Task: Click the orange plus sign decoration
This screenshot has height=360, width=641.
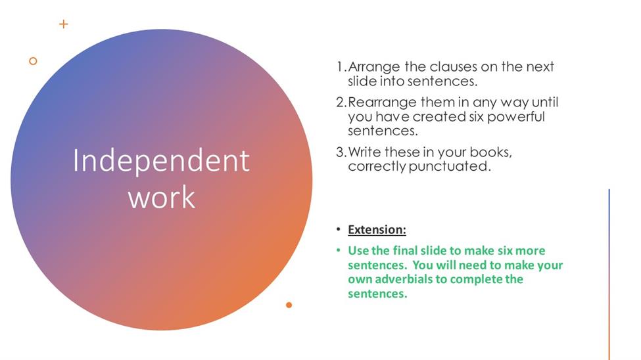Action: [63, 24]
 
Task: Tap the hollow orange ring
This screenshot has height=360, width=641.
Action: [33, 61]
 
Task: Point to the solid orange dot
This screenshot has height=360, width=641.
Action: [289, 305]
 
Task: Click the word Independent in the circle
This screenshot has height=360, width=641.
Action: [161, 160]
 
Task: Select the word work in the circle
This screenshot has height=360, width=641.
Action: [162, 197]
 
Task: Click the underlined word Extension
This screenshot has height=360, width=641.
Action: [377, 230]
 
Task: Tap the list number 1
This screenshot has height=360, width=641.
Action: [341, 66]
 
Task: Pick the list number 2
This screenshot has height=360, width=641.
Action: [341, 102]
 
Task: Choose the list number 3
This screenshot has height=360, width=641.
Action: [341, 152]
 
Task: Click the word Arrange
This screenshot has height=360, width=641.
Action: [373, 68]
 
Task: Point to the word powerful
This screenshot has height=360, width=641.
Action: [516, 118]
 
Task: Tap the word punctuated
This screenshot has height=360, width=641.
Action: [449, 166]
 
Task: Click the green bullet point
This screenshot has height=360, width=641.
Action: [338, 250]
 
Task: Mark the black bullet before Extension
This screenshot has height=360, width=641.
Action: [338, 229]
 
